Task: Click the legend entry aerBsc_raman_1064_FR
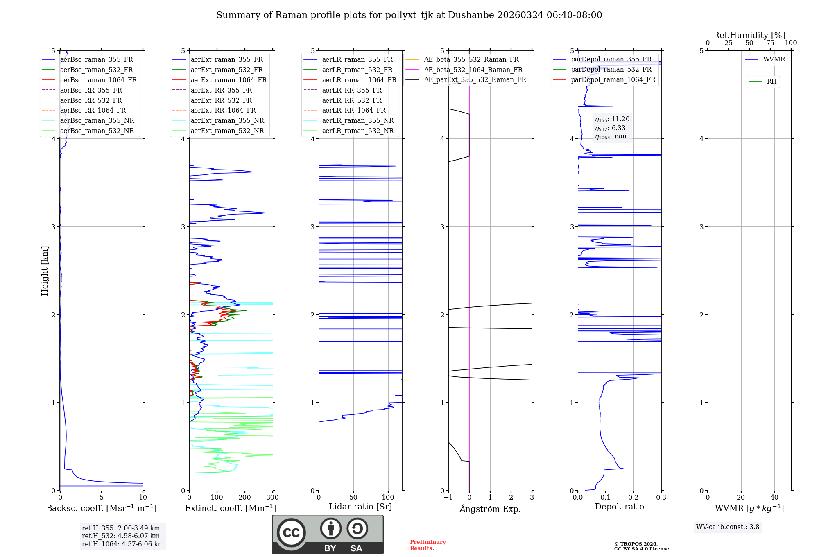pos(98,80)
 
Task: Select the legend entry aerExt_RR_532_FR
pos(221,100)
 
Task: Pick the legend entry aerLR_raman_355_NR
pos(357,121)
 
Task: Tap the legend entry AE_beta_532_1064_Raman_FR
pos(473,70)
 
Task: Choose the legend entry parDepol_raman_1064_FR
pos(613,80)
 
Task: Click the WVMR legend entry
pos(774,60)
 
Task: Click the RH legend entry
pos(771,82)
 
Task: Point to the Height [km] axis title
pos(45,271)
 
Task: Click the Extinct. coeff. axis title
pos(231,508)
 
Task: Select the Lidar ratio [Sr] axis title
pos(360,507)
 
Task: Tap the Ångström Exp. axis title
pos(490,509)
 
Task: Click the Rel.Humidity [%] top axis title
pos(749,35)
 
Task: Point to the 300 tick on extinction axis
pos(272,498)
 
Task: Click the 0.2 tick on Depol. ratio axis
pos(633,498)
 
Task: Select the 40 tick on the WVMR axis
pos(774,498)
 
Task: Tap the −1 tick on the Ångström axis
pos(448,498)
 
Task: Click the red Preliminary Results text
pos(428,545)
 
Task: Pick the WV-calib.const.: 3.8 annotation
pos(728,527)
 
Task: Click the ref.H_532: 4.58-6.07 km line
pos(120,536)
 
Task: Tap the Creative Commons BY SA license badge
pos(328,534)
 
